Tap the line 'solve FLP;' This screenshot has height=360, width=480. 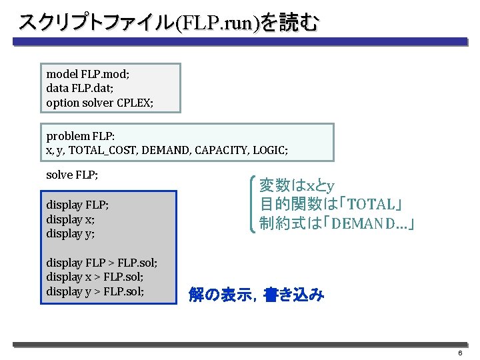tap(72, 175)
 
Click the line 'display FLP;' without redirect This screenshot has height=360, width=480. tap(77, 205)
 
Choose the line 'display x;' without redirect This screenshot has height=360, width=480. tap(70, 219)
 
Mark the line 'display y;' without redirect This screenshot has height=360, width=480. tap(70, 234)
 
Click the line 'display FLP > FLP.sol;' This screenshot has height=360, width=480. tap(102, 263)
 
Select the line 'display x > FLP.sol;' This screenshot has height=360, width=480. tap(95, 277)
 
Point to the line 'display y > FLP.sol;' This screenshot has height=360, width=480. tap(95, 292)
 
